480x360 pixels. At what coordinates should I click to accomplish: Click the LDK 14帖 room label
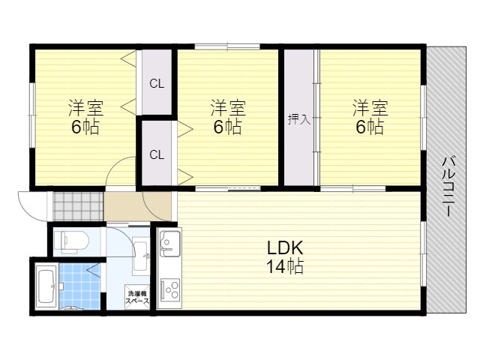[285, 256]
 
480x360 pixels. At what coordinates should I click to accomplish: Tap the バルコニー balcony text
[448, 187]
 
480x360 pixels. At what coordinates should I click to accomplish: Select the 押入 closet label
[299, 119]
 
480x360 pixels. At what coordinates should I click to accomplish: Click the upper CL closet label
[157, 83]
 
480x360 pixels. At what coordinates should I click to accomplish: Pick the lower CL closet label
[157, 155]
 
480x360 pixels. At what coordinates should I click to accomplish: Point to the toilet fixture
[71, 241]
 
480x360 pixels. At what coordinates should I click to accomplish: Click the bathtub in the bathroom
[46, 286]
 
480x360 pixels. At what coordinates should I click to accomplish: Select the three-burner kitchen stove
[170, 289]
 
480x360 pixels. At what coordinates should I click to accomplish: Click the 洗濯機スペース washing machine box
[138, 297]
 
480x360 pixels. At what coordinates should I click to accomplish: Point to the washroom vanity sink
[141, 256]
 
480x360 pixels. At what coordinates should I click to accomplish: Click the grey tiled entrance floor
[78, 206]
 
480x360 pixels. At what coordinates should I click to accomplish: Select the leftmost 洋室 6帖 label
[85, 117]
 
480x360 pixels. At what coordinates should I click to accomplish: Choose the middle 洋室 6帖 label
[228, 117]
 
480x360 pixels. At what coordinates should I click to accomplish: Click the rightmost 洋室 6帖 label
[370, 117]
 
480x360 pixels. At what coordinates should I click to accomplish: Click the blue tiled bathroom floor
[79, 286]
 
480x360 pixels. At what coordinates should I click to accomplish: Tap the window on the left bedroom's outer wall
[32, 115]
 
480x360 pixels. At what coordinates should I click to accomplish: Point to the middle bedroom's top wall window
[227, 46]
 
